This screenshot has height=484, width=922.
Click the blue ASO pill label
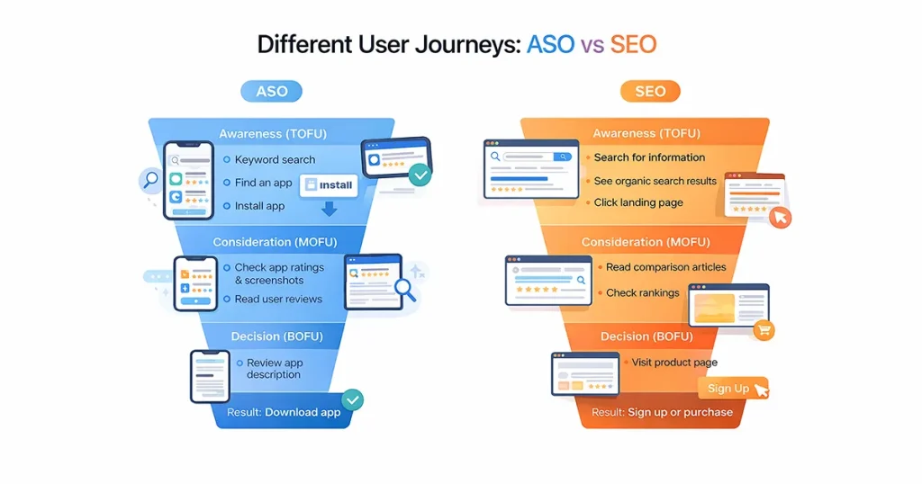[271, 91]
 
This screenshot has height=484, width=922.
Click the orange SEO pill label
[650, 91]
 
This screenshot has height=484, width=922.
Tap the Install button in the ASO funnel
[329, 184]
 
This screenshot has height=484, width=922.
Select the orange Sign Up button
[728, 388]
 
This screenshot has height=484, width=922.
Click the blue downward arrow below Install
[329, 209]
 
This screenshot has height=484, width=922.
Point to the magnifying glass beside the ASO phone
[149, 180]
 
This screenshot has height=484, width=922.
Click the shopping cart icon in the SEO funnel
[764, 330]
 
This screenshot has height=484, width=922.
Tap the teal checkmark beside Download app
[352, 399]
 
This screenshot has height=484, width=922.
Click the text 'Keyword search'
[275, 159]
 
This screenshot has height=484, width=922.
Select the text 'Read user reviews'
[278, 299]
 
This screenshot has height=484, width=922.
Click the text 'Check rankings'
[643, 292]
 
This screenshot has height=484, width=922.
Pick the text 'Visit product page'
[674, 363]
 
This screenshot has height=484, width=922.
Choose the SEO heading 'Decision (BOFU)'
[646, 336]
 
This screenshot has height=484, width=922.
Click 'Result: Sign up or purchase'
[662, 412]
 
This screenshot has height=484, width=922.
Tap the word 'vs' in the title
[592, 44]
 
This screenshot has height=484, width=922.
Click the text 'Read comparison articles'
[665, 267]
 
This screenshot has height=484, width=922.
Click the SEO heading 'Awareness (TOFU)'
[646, 134]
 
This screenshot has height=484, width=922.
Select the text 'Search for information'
[649, 157]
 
